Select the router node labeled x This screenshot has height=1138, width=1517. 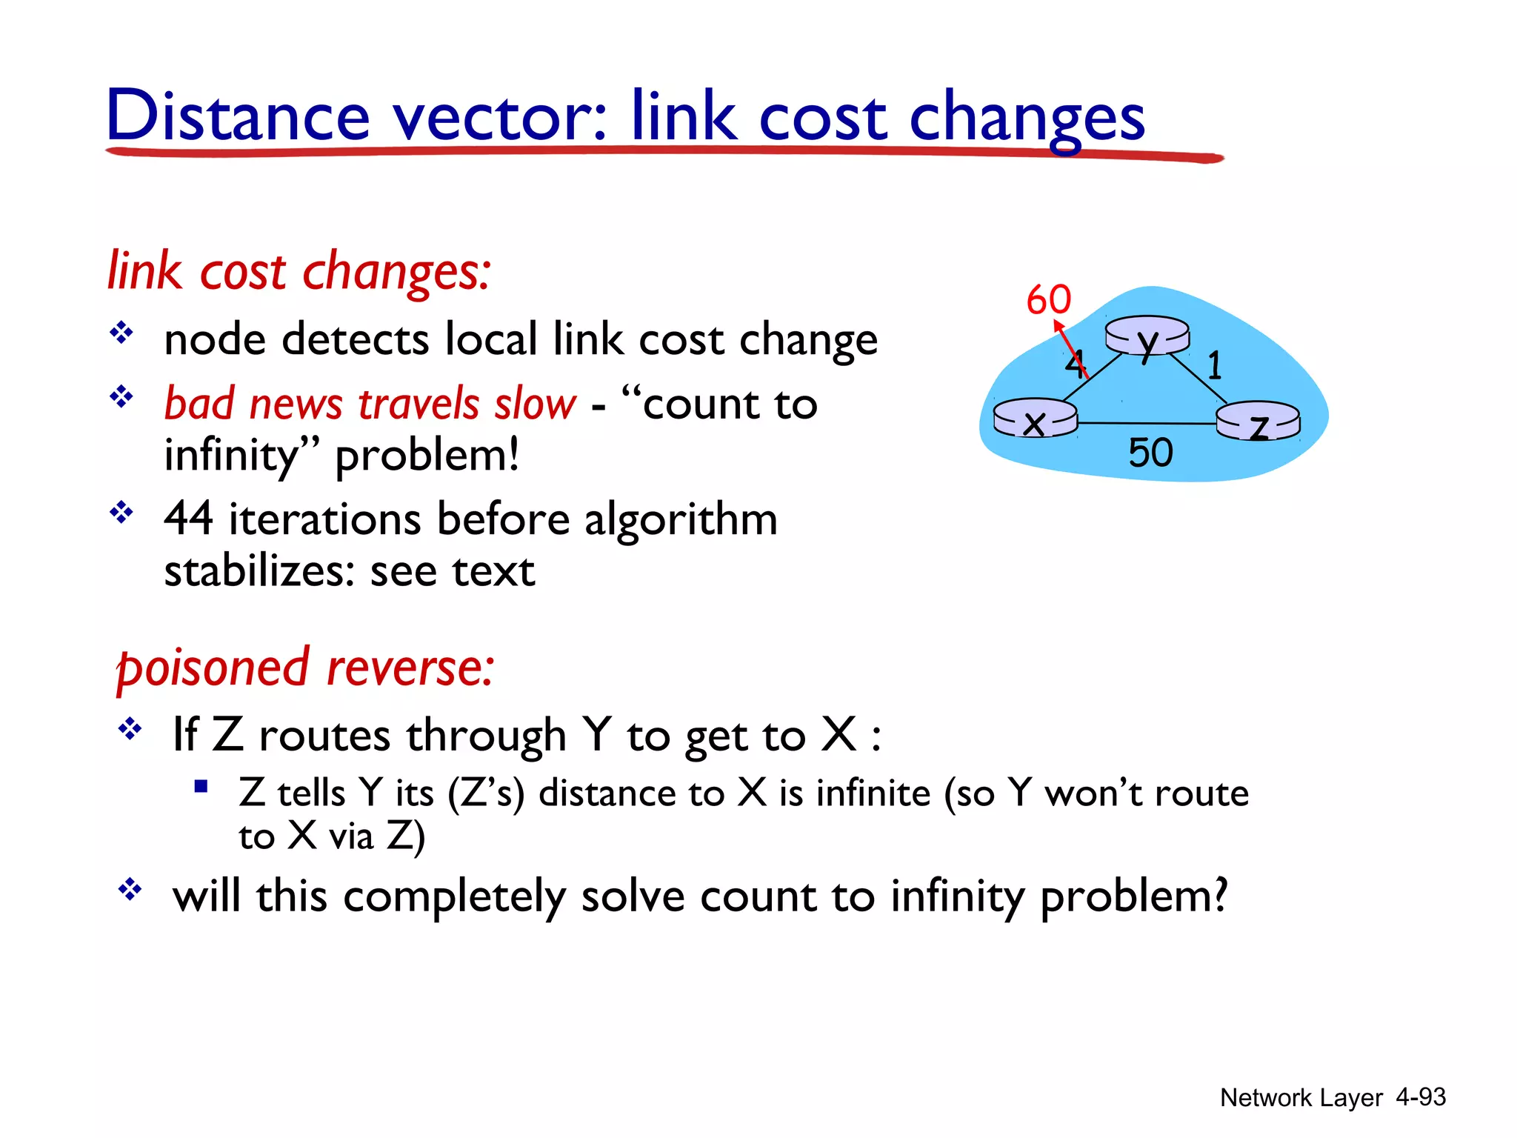(1035, 419)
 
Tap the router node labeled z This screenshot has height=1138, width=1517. (1258, 422)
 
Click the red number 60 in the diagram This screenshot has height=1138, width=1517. (1048, 300)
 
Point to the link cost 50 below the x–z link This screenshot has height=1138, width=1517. (1150, 453)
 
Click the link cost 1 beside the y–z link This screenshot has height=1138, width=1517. (1214, 365)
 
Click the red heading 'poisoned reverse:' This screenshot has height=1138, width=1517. (305, 668)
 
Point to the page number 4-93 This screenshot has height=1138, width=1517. (1420, 1097)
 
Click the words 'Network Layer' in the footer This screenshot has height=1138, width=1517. (1301, 1098)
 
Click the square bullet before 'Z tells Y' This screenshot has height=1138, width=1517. (200, 786)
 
